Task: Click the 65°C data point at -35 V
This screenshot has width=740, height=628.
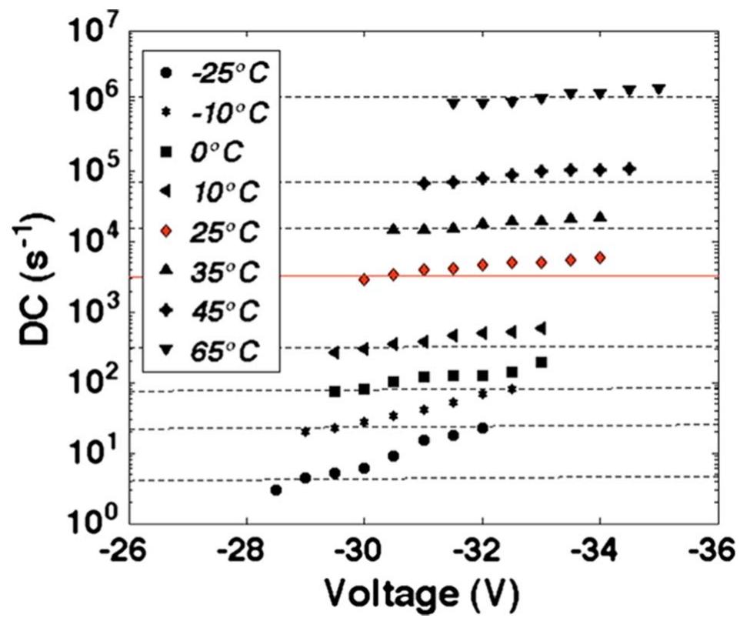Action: [658, 89]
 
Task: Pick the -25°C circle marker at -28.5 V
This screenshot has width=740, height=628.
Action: [275, 489]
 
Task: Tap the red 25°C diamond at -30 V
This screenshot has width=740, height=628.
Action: [364, 279]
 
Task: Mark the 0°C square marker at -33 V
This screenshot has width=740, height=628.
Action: [541, 362]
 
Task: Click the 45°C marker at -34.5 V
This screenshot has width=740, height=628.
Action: [629, 169]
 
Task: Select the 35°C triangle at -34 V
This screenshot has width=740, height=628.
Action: [600, 217]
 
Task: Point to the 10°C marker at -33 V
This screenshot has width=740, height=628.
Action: [541, 328]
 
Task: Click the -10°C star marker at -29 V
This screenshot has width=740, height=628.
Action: [305, 432]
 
